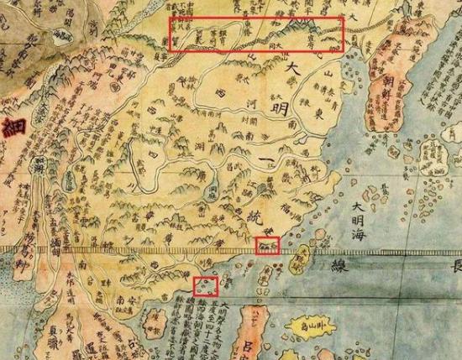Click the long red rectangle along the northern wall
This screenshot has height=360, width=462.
click(256, 34)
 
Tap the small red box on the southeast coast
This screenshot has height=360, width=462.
click(267, 245)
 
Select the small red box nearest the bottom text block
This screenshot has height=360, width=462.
click(205, 285)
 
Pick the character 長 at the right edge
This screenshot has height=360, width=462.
click(454, 267)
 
